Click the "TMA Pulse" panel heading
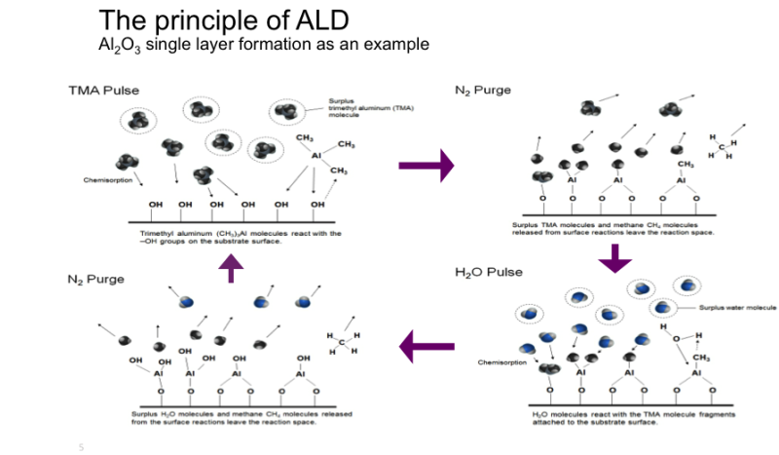tap(103, 90)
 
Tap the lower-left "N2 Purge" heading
tap(96, 279)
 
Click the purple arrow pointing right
tap(427, 166)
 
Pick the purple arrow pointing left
tap(427, 344)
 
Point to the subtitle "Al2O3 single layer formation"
tap(264, 45)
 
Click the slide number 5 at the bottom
tap(81, 447)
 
